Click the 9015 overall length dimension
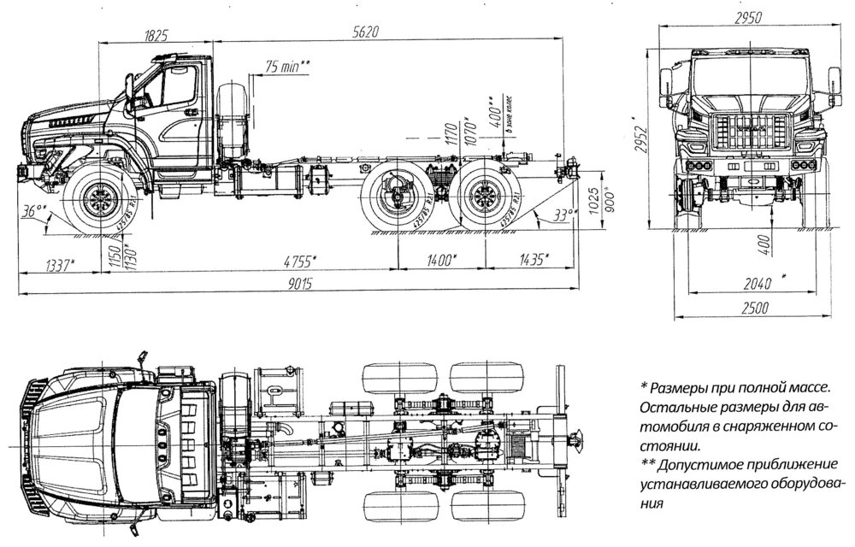298,285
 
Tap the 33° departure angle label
560,215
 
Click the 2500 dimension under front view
755,308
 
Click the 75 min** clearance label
287,66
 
